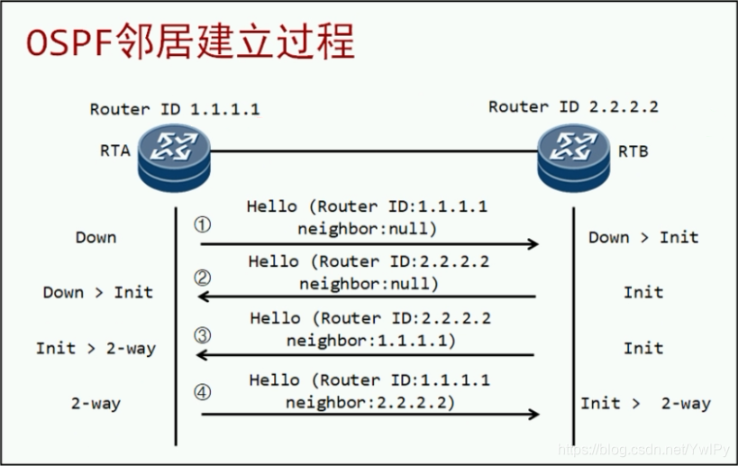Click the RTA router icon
(x=174, y=158)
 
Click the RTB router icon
(x=573, y=158)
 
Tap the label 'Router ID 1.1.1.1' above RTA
(x=175, y=109)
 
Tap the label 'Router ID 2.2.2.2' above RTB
(x=573, y=107)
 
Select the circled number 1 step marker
(x=203, y=224)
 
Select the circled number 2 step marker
(x=203, y=279)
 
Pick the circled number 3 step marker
(x=203, y=335)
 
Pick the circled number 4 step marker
(x=203, y=392)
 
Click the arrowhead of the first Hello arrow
(x=533, y=244)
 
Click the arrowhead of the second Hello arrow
(x=204, y=297)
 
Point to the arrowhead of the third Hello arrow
(x=202, y=355)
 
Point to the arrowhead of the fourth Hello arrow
(x=533, y=415)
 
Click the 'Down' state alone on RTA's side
(x=96, y=237)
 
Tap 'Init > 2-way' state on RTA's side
(x=96, y=348)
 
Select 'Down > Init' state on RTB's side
(x=643, y=237)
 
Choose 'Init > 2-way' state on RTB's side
(x=645, y=404)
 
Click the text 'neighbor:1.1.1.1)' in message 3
(x=371, y=341)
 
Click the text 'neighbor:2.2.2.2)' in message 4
(x=370, y=402)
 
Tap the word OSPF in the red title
(x=69, y=42)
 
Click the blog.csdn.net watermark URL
(x=643, y=450)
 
